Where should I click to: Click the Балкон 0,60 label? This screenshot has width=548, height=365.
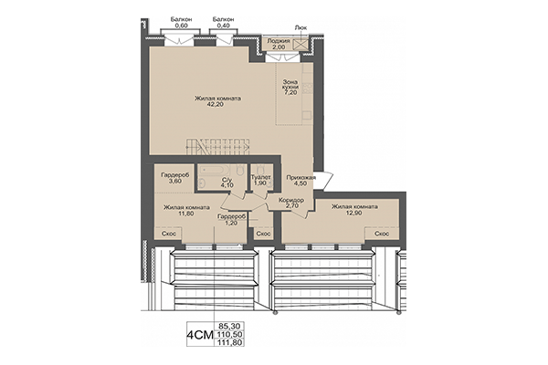pyautogui.click(x=180, y=22)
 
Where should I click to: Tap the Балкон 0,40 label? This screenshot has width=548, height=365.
pyautogui.click(x=222, y=22)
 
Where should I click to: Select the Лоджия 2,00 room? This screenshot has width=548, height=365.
pyautogui.click(x=278, y=46)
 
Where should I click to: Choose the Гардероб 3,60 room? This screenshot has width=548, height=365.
pyautogui.click(x=173, y=178)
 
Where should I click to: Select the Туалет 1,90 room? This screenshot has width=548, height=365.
pyautogui.click(x=262, y=180)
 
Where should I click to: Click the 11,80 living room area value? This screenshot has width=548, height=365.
pyautogui.click(x=182, y=214)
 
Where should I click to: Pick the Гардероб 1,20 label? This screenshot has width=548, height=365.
pyautogui.click(x=232, y=219)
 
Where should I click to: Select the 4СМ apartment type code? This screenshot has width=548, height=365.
pyautogui.click(x=198, y=336)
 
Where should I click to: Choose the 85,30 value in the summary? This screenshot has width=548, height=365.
pyautogui.click(x=229, y=325)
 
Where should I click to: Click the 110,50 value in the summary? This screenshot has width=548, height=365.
pyautogui.click(x=230, y=336)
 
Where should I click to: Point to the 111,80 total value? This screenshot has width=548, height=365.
pyautogui.click(x=230, y=347)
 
